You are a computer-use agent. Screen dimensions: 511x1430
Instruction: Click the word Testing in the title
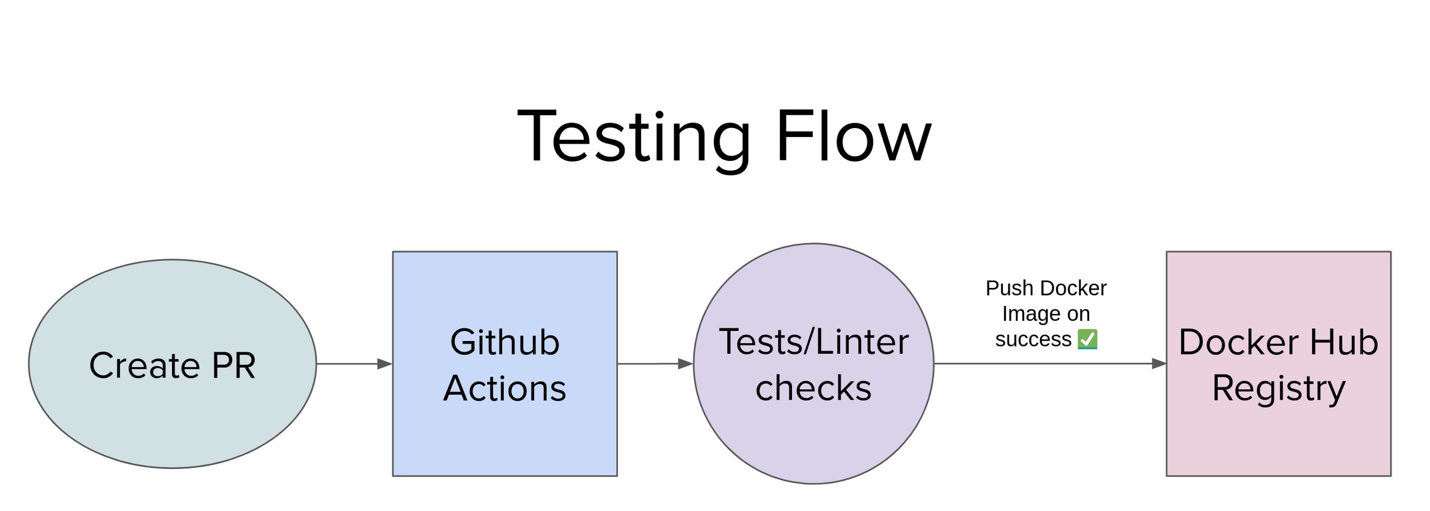[x=634, y=137]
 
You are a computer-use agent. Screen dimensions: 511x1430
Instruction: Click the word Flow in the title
[x=853, y=137]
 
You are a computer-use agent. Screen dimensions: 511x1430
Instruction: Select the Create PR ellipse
[x=172, y=425]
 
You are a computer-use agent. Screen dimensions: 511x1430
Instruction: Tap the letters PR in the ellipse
[x=233, y=366]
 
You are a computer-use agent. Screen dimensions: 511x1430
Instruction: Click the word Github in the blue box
[x=504, y=342]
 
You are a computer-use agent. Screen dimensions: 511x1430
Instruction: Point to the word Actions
[x=504, y=388]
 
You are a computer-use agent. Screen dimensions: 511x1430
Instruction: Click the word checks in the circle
[x=813, y=388]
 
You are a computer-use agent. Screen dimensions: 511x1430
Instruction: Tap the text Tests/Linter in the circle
[x=813, y=342]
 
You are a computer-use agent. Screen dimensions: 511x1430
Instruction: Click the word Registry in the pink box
[x=1278, y=389]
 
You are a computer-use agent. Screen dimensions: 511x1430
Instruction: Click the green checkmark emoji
[x=1087, y=339]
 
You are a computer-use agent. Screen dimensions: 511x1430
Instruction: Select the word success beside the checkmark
[x=1033, y=339]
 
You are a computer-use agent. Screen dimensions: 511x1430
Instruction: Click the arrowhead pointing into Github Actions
[x=385, y=364]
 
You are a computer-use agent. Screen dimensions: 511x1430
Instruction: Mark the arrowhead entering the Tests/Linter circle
[x=685, y=364]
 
